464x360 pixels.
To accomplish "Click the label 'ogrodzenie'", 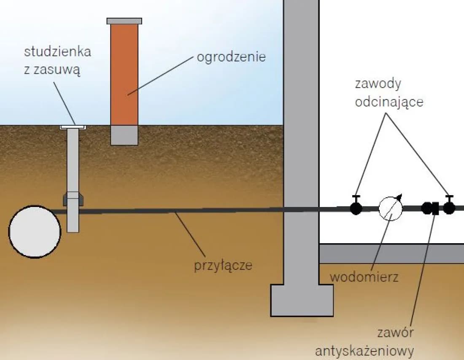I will pyautogui.click(x=231, y=57).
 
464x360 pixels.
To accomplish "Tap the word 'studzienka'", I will pyautogui.click(x=57, y=52).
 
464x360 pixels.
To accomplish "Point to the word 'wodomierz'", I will pyautogui.click(x=364, y=277).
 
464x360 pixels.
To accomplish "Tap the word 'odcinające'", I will pyautogui.click(x=388, y=102).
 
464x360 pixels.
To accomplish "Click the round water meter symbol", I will pyautogui.click(x=391, y=208).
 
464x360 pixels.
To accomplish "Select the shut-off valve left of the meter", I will pyautogui.click(x=356, y=207).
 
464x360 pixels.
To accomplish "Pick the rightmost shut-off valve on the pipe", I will pyautogui.click(x=449, y=207).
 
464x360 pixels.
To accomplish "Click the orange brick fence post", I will pyautogui.click(x=124, y=74).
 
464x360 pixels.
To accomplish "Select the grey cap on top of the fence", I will pyautogui.click(x=124, y=21).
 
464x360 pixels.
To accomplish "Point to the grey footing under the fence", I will pyautogui.click(x=124, y=135).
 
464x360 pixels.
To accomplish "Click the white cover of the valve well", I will pyautogui.click(x=73, y=126).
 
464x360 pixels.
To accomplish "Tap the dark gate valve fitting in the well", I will pyautogui.click(x=73, y=198).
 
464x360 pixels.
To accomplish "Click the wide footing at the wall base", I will pyautogui.click(x=301, y=300).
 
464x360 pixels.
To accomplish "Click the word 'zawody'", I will pyautogui.click(x=378, y=83).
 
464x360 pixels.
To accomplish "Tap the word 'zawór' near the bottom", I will pyautogui.click(x=396, y=333).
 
